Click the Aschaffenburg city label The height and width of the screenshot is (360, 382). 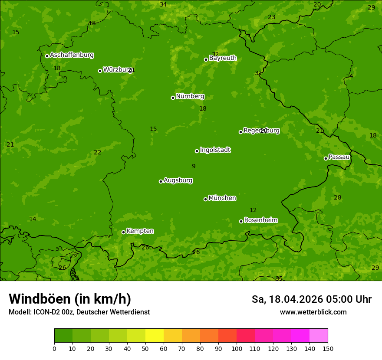tap(72, 55)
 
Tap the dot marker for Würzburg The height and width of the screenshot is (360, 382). tap(100, 71)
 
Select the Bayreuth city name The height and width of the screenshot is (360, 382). tap(223, 58)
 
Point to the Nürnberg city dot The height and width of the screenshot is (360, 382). tap(173, 98)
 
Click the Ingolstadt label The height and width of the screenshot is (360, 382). tap(215, 150)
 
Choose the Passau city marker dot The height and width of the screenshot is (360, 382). tap(326, 158)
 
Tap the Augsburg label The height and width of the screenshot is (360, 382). tap(178, 180)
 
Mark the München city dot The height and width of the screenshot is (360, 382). tap(205, 199)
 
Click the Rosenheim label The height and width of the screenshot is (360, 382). tap(260, 220)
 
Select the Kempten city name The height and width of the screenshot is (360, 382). tap(140, 231)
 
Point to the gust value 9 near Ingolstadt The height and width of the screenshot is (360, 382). tap(194, 166)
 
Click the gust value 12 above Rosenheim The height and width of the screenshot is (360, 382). tap(253, 210)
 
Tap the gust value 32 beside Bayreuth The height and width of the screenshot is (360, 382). tap(215, 54)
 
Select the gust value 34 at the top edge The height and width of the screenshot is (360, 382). tap(163, 5)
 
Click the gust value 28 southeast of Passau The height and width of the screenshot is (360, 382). tap(338, 198)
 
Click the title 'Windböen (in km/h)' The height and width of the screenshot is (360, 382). tap(70, 299)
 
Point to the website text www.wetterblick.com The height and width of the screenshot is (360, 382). tap(313, 312)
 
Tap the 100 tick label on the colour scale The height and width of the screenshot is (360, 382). tap(237, 348)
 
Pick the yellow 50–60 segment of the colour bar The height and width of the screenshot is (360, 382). tap(155, 336)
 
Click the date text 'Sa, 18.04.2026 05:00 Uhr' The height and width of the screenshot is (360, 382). tap(311, 299)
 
